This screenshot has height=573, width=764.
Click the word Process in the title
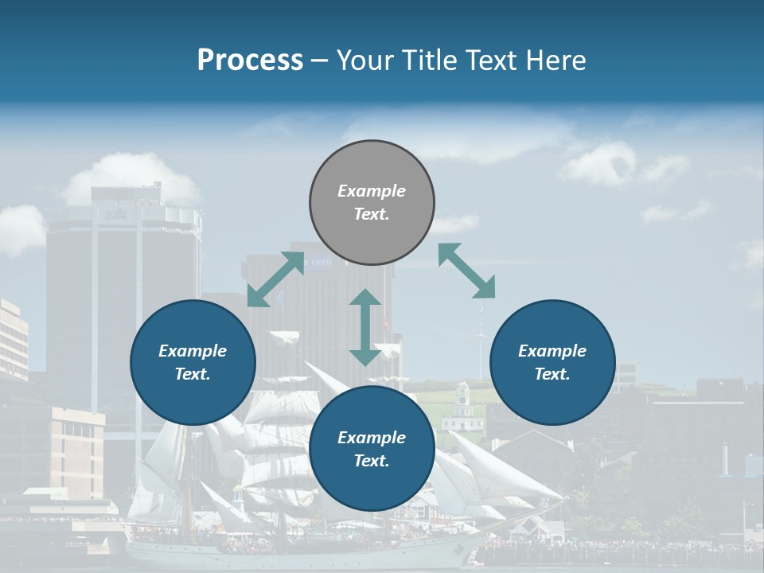coord(250,60)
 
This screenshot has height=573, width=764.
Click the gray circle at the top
coord(372,203)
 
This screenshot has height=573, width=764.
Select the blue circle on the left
coord(193,362)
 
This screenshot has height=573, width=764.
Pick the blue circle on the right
coord(552,362)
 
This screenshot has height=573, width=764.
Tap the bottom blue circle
coord(372,449)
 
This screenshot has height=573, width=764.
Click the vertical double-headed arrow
coord(365,327)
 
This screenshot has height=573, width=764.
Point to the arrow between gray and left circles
coord(275,279)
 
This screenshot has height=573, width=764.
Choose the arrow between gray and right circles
coord(466,271)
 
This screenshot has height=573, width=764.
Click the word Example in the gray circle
coord(372,191)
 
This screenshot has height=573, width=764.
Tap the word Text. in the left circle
coord(193,374)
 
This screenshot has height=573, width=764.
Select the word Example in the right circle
coord(552,351)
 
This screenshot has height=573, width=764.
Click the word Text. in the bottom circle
coord(372,461)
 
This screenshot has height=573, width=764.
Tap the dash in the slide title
coord(319,60)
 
